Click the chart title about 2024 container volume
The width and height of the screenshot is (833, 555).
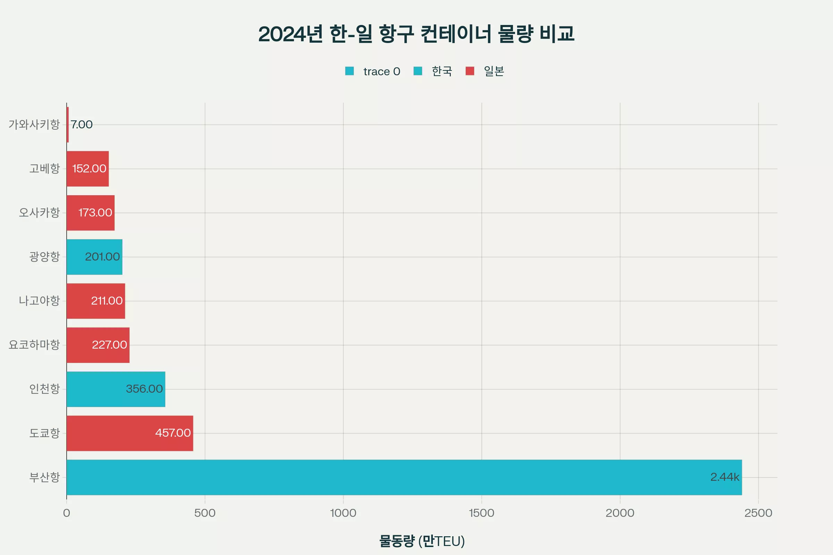click(x=416, y=34)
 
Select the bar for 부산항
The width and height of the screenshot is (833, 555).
click(x=404, y=477)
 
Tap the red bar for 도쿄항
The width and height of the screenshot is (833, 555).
click(x=129, y=433)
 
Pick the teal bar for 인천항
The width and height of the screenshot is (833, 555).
click(x=116, y=389)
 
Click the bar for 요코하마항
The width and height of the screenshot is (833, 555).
click(x=98, y=345)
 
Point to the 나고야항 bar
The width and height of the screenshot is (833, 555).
click(x=96, y=301)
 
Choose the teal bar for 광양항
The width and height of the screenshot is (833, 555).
click(x=94, y=257)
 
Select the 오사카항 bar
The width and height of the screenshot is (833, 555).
click(x=90, y=213)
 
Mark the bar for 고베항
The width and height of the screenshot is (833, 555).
click(x=87, y=169)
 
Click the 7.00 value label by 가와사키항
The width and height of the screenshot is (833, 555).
click(x=82, y=125)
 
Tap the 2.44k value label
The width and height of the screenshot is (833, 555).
click(x=725, y=477)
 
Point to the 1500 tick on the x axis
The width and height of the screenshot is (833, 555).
click(x=481, y=513)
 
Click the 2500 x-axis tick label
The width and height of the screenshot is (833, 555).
click(x=758, y=513)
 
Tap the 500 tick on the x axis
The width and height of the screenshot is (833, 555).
click(x=205, y=513)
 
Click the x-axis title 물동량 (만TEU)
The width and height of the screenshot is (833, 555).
click(x=422, y=541)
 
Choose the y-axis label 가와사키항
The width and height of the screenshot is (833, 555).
click(x=34, y=125)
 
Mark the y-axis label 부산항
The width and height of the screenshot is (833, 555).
click(x=44, y=477)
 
